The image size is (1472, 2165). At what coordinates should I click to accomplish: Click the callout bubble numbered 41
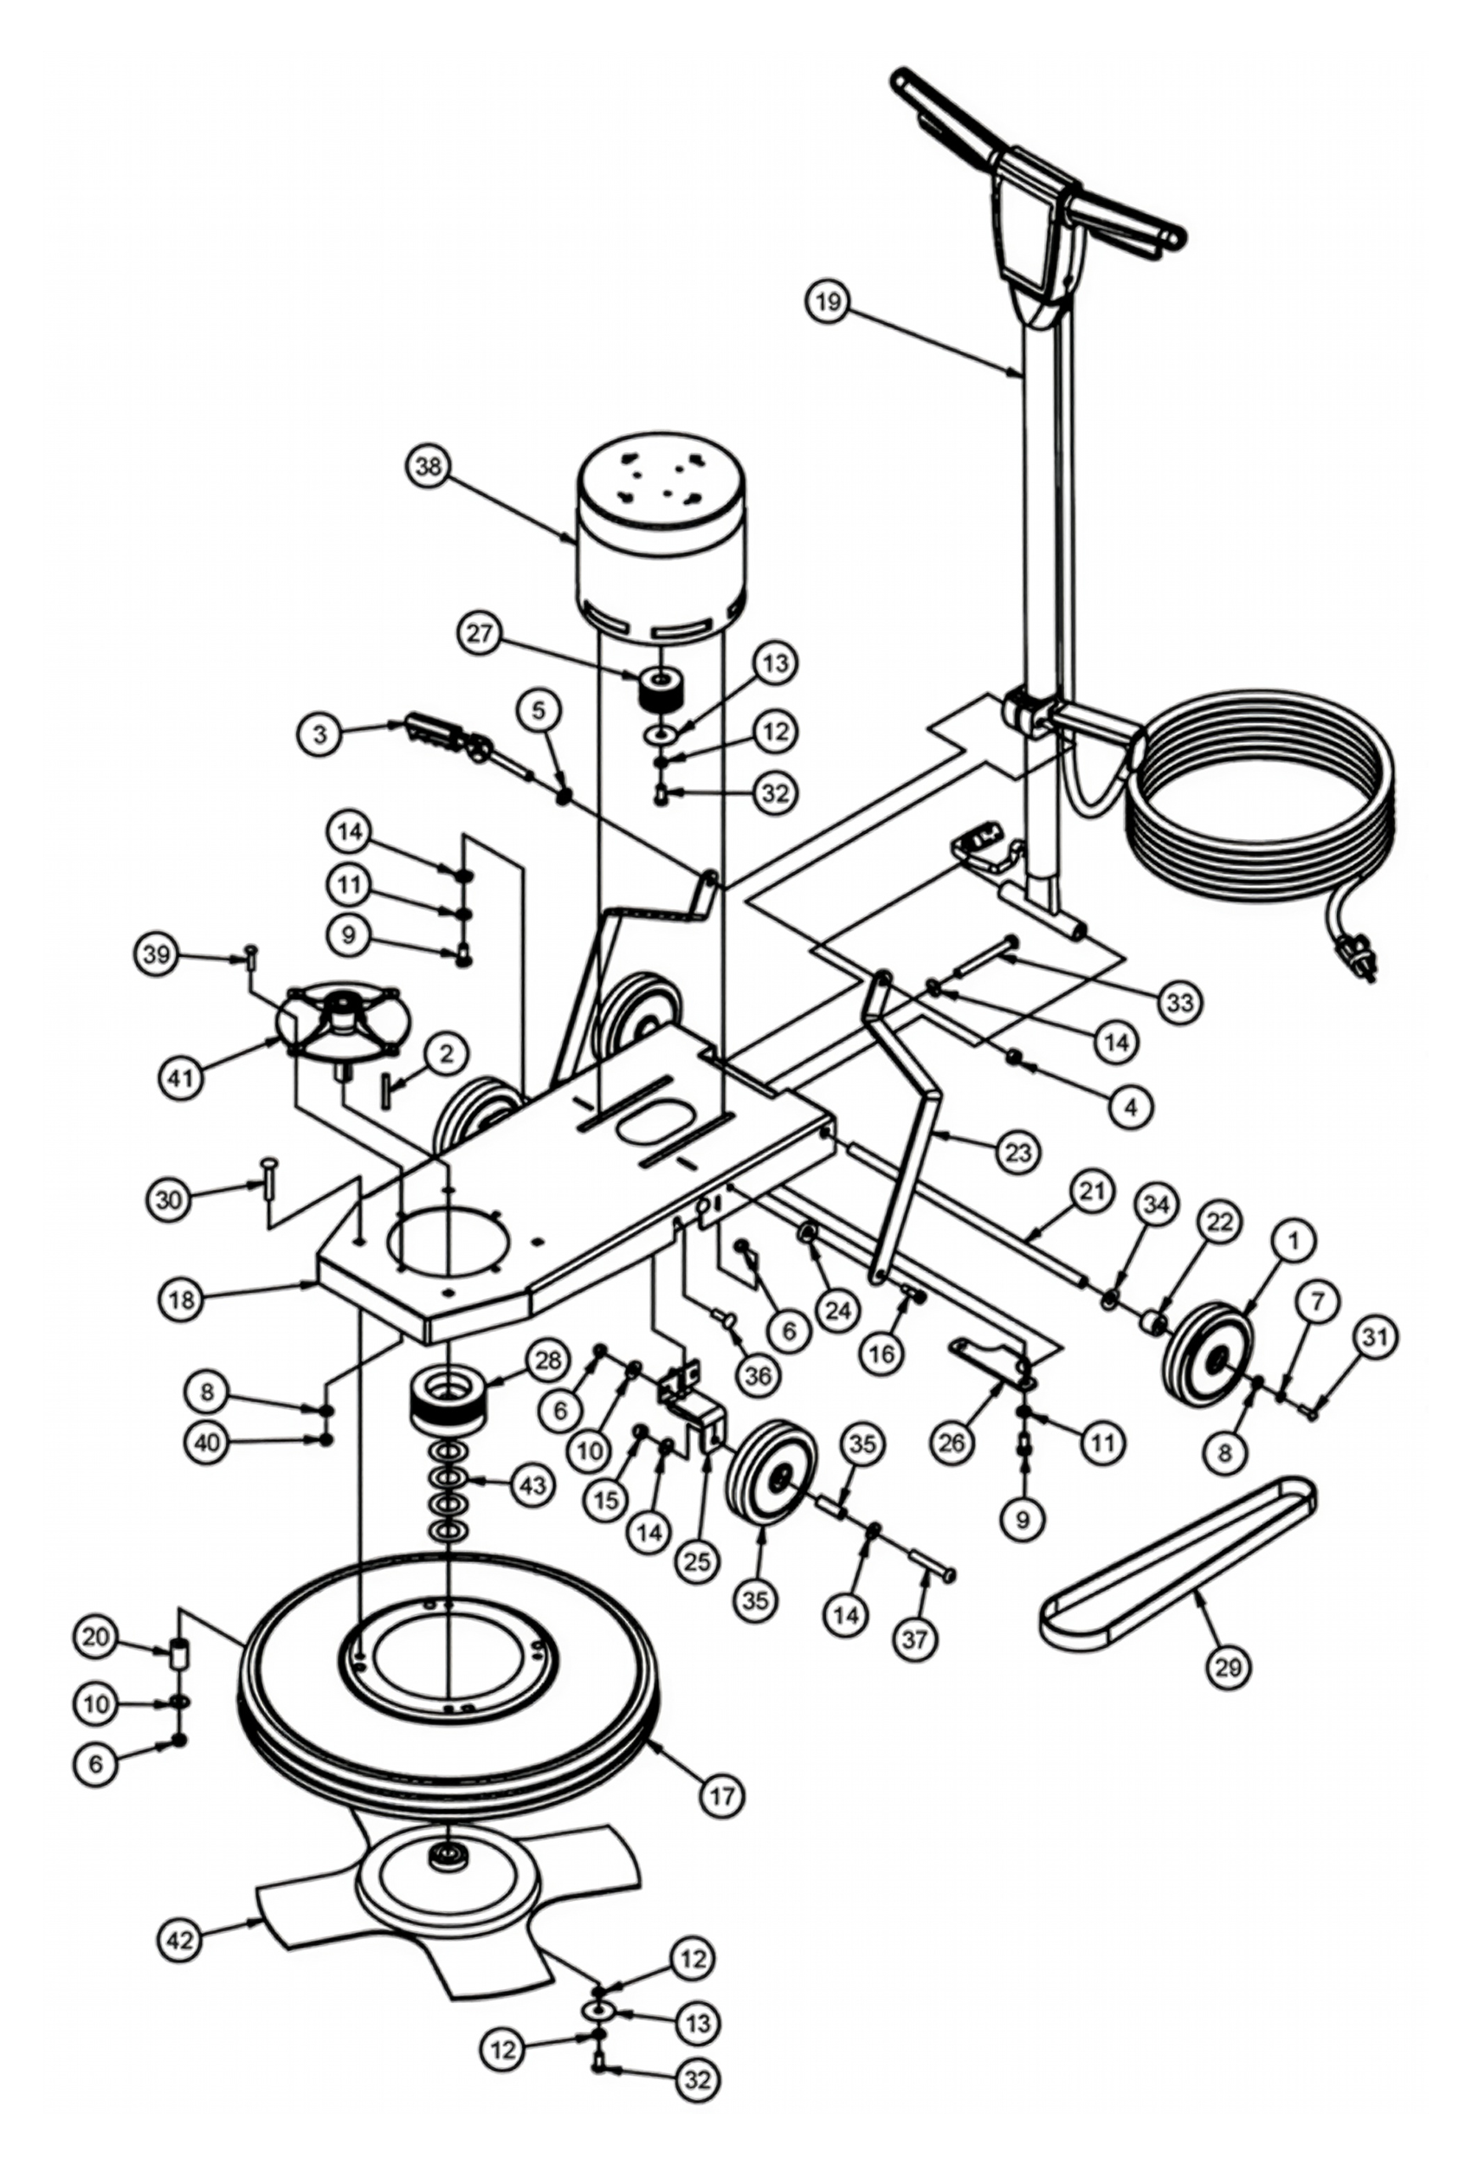180,1078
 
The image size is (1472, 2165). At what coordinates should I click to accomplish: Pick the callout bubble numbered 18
182,1299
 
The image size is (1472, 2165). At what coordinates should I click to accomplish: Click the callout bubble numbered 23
1018,1153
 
